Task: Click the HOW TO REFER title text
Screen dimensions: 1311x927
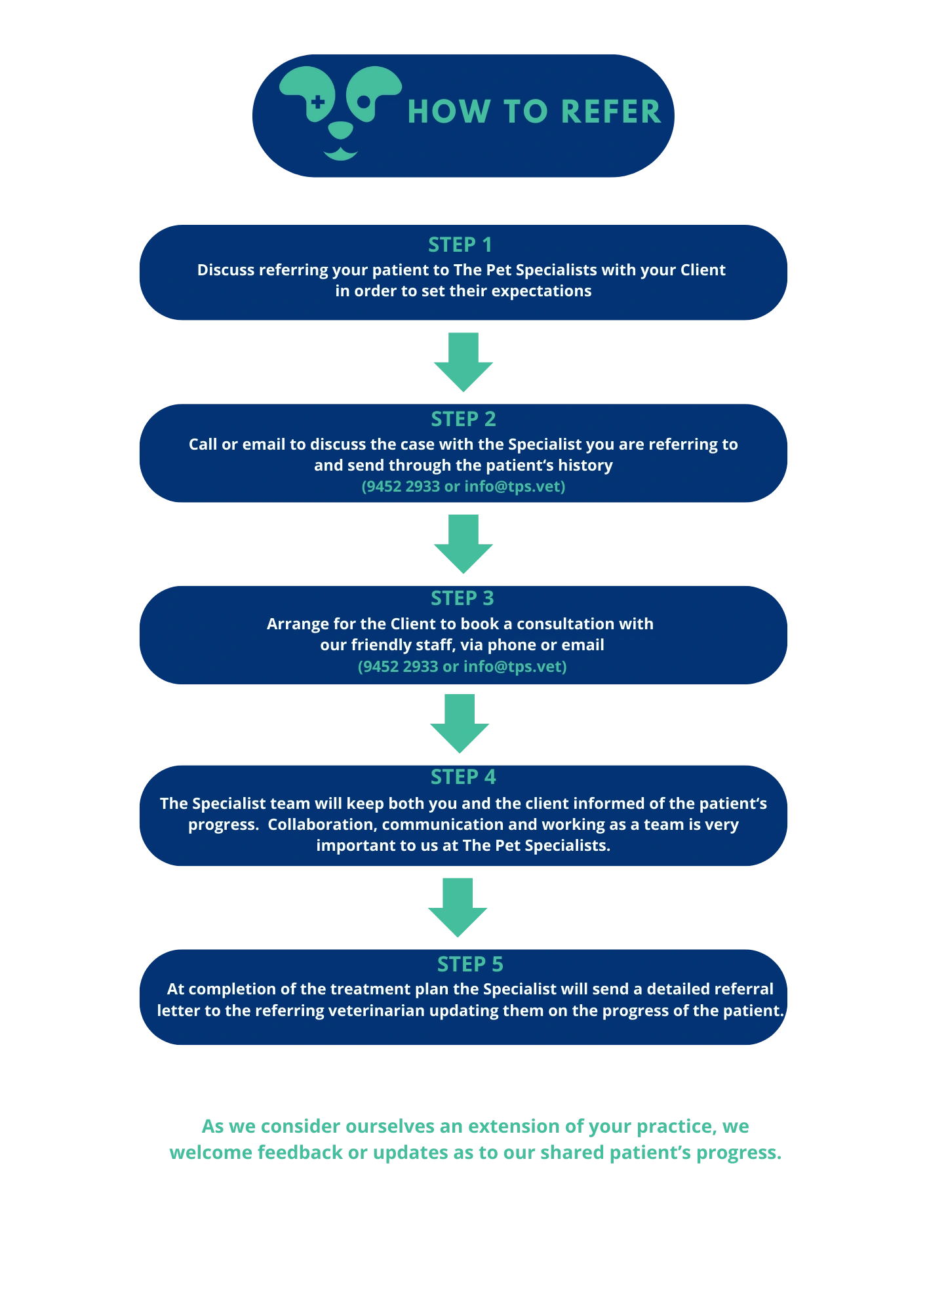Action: point(534,111)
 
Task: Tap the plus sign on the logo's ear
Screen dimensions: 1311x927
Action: point(317,102)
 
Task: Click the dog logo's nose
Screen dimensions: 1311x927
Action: point(340,130)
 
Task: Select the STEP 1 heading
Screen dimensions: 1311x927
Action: point(460,245)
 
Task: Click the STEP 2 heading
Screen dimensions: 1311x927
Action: point(463,419)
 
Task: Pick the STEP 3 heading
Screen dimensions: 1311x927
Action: point(462,598)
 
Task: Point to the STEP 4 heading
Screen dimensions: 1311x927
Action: point(463,777)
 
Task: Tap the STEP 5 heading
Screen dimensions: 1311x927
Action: point(470,964)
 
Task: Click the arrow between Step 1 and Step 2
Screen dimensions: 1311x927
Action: point(464,361)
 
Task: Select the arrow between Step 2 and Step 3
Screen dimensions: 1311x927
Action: point(464,544)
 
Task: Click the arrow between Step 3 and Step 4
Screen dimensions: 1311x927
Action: point(459,724)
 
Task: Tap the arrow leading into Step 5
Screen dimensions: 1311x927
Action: point(457,907)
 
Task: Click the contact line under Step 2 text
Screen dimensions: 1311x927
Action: point(463,486)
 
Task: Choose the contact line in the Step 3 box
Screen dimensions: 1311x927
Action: point(462,667)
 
